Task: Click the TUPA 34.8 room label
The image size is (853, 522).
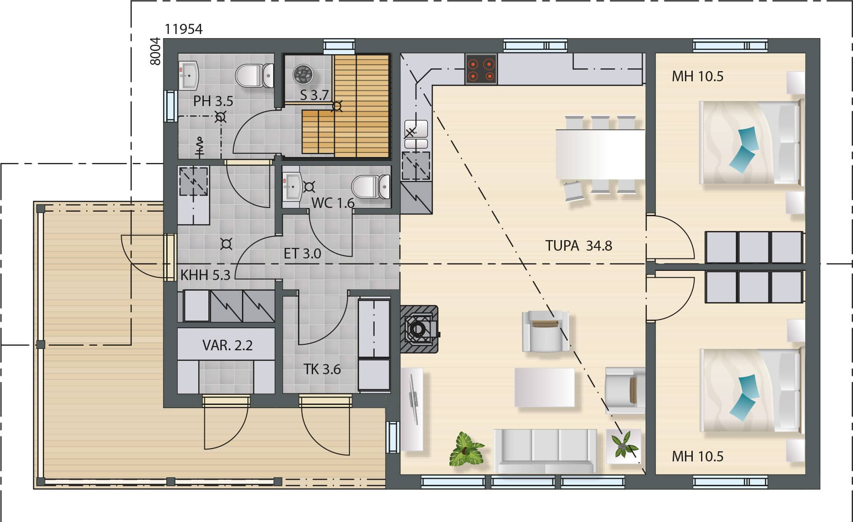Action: click(x=578, y=246)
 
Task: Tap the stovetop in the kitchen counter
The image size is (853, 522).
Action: click(x=481, y=69)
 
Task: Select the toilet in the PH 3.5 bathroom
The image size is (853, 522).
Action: click(x=254, y=75)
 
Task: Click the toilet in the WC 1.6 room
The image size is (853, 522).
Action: click(x=370, y=187)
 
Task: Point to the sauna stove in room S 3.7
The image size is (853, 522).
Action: click(x=303, y=74)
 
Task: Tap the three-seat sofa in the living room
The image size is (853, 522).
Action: click(x=545, y=450)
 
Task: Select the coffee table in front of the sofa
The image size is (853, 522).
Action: click(x=544, y=387)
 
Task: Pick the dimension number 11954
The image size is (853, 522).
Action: click(x=184, y=29)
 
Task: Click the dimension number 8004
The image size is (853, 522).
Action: click(x=156, y=51)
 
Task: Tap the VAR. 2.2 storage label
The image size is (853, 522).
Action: click(x=228, y=345)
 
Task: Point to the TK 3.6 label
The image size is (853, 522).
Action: click(x=322, y=369)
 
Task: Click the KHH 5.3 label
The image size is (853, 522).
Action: click(x=205, y=275)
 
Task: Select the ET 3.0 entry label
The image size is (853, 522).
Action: click(x=303, y=253)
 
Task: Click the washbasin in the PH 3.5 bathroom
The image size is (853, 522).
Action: click(x=188, y=75)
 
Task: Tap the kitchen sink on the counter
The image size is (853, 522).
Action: click(x=416, y=135)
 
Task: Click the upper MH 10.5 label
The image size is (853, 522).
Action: click(x=697, y=76)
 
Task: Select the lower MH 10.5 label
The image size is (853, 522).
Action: click(x=697, y=456)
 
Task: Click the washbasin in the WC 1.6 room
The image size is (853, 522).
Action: click(x=292, y=187)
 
